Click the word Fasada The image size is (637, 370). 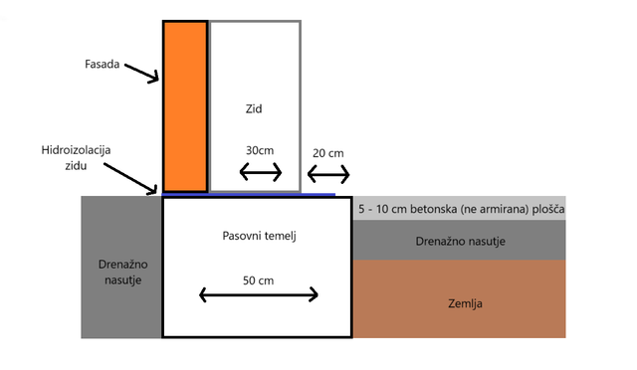coord(102,65)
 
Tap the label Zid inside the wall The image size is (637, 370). coord(254,108)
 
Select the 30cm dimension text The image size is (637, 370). coord(260,150)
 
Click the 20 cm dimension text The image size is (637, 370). coord(328,153)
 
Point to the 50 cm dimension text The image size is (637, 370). coord(259,280)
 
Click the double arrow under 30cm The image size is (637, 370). coord(261,172)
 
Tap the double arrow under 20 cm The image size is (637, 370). coord(328,175)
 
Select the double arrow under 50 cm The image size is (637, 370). coord(259,294)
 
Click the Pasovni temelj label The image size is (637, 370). coord(259,236)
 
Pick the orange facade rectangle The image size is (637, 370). coord(185,106)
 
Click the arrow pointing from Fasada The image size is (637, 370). coord(141,74)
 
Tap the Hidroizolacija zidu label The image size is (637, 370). coord(76,158)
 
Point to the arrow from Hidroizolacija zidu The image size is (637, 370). coord(130,178)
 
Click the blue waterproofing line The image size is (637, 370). coord(249,195)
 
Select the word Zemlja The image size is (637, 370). coord(465,303)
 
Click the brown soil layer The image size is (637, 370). coord(460,299)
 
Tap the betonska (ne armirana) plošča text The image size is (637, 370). coord(488,209)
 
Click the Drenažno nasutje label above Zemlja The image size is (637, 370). coord(460,242)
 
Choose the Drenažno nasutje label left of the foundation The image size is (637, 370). coord(122,273)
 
